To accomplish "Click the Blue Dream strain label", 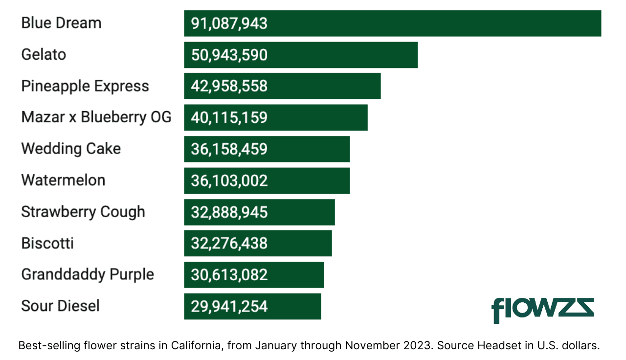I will (61, 23).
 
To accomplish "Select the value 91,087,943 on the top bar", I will (229, 23).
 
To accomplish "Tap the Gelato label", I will (44, 54).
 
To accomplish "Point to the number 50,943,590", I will (229, 55).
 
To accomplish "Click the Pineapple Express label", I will (85, 86).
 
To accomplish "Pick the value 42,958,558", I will (229, 86).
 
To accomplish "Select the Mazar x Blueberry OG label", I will (96, 117).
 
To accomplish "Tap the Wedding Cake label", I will (71, 149).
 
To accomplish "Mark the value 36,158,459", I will (229, 149).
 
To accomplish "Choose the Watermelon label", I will (63, 180).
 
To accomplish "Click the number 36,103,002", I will (229, 180).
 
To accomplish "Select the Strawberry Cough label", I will (83, 212).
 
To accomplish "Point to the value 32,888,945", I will (229, 212).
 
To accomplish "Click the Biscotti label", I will (47, 243).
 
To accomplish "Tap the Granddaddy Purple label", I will (88, 274).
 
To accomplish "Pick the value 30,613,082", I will (229, 275).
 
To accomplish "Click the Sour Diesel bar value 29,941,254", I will (229, 306).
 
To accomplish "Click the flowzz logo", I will (542, 310).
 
